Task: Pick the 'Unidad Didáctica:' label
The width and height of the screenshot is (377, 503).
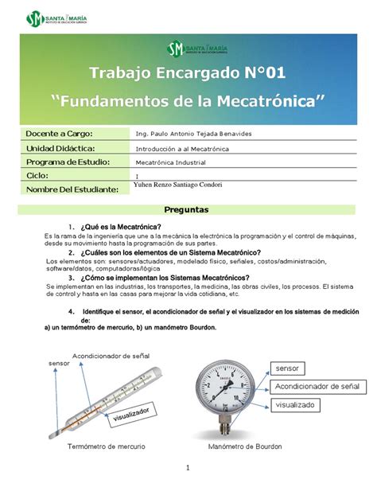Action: (61, 148)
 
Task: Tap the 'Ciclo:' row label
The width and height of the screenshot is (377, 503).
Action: (38, 175)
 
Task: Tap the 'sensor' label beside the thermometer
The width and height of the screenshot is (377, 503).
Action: (59, 363)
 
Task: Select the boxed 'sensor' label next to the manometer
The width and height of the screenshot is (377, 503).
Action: (288, 368)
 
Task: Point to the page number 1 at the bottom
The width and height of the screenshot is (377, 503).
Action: (188, 469)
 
